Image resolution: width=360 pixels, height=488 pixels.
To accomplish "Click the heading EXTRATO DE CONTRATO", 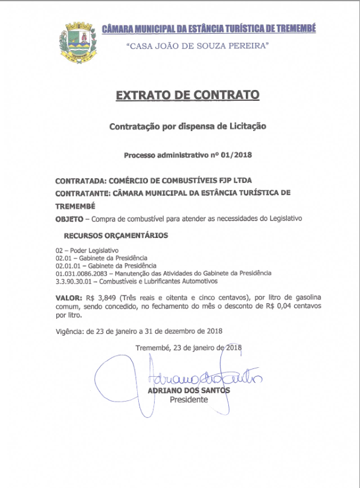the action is pyautogui.click(x=187, y=95).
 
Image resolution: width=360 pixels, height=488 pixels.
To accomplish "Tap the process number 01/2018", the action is pyautogui.click(x=237, y=155).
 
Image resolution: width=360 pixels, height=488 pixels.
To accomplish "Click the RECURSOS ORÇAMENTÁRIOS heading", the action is pyautogui.click(x=115, y=234).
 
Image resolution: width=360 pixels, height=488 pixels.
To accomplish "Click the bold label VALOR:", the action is pyautogui.click(x=68, y=298).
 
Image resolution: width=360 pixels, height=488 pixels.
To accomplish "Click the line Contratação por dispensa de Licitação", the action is pyautogui.click(x=187, y=127).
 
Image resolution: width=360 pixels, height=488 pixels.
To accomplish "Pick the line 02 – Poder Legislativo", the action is pyautogui.click(x=87, y=250).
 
